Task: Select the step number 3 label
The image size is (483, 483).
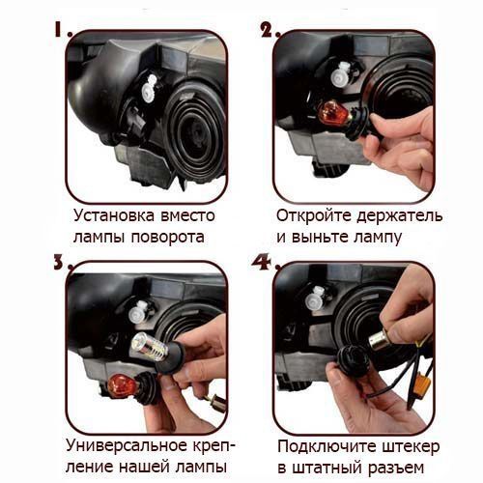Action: [x=63, y=262]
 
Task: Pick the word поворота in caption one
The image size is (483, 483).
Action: [x=168, y=238]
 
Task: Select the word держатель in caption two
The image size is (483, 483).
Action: [x=400, y=216]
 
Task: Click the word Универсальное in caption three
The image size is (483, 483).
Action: [x=127, y=446]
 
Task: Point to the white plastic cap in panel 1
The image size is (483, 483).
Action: [x=149, y=88]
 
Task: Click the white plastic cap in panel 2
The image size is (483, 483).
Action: [x=342, y=74]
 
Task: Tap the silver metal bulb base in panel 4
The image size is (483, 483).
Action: [x=380, y=342]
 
